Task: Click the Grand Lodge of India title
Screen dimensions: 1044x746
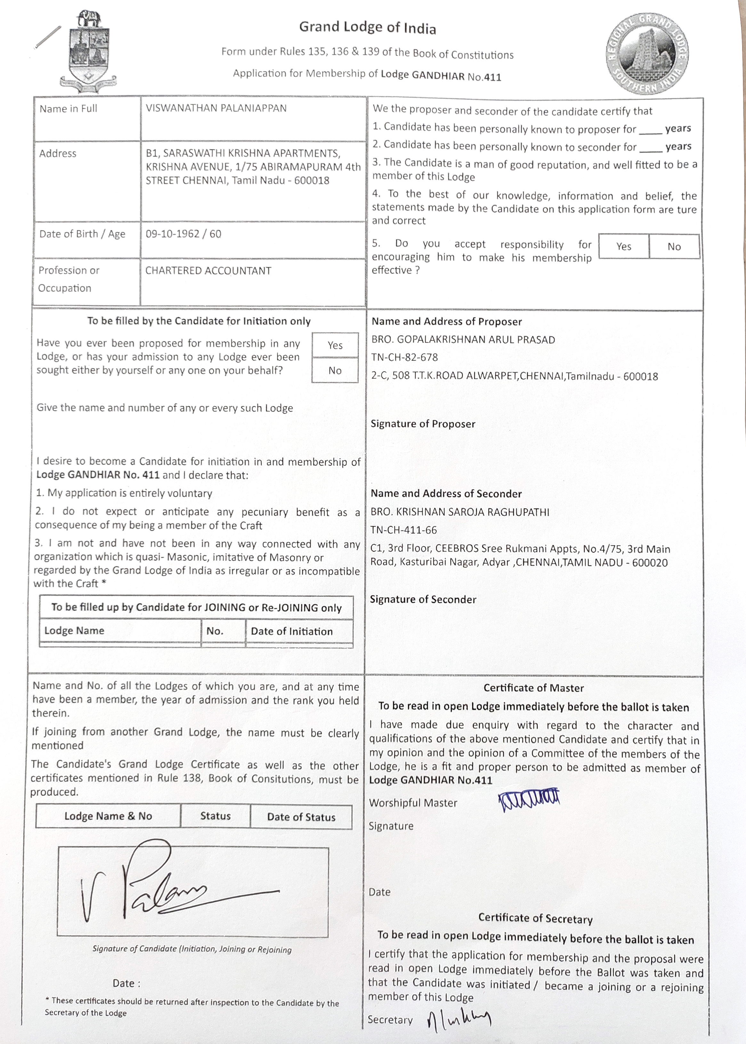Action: (368, 28)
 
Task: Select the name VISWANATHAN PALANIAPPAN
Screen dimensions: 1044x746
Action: (216, 108)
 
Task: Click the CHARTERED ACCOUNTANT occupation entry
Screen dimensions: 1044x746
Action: (208, 271)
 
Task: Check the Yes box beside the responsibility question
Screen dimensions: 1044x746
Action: (624, 247)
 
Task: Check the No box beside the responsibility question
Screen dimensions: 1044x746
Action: (674, 247)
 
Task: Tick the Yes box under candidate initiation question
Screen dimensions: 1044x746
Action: (335, 345)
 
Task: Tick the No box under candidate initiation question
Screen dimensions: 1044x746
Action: (335, 371)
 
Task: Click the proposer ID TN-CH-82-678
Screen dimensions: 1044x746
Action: (404, 357)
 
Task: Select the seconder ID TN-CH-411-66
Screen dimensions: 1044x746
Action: (403, 530)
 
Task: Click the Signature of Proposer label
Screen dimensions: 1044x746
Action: (423, 424)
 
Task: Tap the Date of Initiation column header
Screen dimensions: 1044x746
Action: (292, 631)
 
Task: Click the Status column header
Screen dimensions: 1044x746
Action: (215, 816)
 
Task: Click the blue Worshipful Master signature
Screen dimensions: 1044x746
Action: (529, 801)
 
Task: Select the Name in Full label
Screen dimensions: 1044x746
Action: (69, 109)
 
